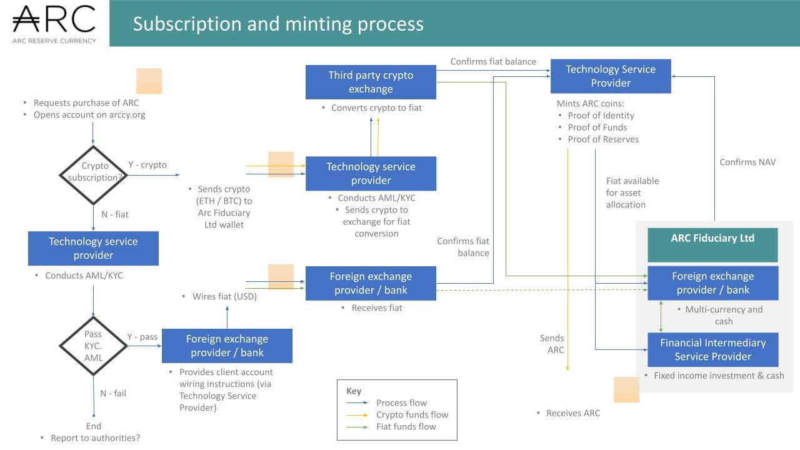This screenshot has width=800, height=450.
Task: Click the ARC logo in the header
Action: click(54, 23)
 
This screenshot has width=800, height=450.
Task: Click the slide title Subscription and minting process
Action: click(278, 24)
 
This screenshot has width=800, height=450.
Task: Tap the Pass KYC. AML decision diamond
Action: click(93, 346)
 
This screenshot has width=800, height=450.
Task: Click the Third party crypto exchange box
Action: click(371, 82)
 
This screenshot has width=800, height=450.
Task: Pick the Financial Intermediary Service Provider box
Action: click(712, 349)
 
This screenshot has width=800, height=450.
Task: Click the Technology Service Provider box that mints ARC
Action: click(610, 76)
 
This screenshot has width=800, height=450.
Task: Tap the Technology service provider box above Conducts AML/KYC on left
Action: click(93, 248)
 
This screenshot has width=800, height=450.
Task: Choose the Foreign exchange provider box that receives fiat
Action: click(371, 283)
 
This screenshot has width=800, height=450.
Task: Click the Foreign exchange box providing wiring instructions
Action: click(227, 346)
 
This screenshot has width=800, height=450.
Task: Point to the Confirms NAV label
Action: click(747, 162)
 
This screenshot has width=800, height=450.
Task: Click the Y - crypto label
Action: click(147, 165)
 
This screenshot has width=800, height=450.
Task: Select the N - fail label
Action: click(113, 393)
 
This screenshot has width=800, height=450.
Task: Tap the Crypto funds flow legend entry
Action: click(412, 414)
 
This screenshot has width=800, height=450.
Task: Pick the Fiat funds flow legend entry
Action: click(406, 426)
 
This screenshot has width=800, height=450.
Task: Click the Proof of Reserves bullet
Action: click(603, 139)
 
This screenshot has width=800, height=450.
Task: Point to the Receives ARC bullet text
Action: click(572, 413)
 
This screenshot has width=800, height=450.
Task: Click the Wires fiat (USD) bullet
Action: click(224, 296)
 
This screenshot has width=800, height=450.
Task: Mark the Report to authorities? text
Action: click(95, 437)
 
